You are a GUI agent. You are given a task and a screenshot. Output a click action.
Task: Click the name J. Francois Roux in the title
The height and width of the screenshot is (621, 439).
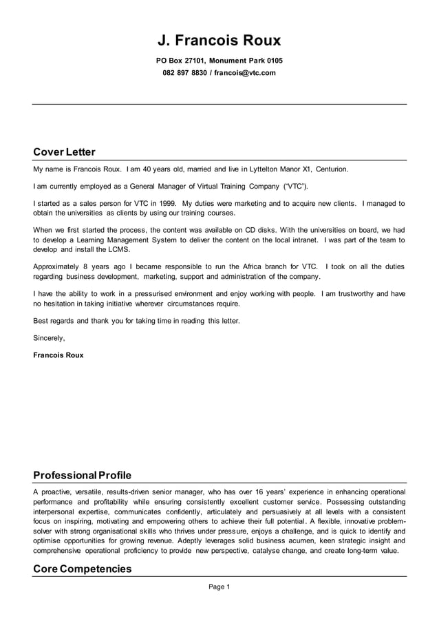219,41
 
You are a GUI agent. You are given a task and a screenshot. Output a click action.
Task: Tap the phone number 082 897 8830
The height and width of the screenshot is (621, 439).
184,73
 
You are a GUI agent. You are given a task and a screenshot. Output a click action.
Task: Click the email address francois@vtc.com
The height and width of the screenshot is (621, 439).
244,73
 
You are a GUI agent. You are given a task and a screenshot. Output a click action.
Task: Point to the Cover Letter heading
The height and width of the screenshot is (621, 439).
64,152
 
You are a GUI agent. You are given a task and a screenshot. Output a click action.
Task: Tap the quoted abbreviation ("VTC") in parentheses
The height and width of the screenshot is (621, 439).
296,186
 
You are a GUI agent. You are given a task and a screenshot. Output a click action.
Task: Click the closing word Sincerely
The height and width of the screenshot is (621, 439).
49,338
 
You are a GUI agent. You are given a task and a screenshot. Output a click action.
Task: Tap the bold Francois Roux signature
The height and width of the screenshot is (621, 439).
58,355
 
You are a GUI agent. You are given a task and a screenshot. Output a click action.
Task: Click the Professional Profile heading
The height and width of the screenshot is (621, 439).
82,475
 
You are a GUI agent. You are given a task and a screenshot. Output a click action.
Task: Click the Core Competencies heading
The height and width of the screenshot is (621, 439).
82,569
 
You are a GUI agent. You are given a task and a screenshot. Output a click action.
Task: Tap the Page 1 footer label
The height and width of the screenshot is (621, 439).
219,587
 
